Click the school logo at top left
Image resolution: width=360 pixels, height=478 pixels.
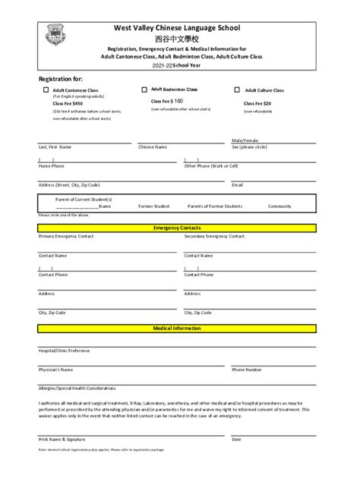[x=55, y=33]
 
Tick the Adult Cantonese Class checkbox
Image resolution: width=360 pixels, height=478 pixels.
[x=46, y=90]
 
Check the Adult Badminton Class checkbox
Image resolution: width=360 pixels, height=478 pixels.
[x=144, y=89]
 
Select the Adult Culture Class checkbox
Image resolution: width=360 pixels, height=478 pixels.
[x=238, y=90]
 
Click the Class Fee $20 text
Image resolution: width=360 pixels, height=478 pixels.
[x=257, y=103]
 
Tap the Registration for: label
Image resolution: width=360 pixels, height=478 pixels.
[x=61, y=79]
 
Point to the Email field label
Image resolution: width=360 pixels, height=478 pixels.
[x=237, y=184]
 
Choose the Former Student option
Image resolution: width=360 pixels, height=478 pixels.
[x=154, y=206]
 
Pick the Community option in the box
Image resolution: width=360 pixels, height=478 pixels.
[x=279, y=206]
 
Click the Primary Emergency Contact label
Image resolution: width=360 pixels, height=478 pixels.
[x=66, y=236]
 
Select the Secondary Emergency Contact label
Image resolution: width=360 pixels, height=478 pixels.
[x=215, y=236]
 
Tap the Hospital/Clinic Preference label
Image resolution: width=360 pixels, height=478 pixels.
[x=64, y=351]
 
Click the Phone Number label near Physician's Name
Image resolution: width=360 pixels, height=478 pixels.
[x=247, y=370]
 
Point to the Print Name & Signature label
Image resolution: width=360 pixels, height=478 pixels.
[x=62, y=439]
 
